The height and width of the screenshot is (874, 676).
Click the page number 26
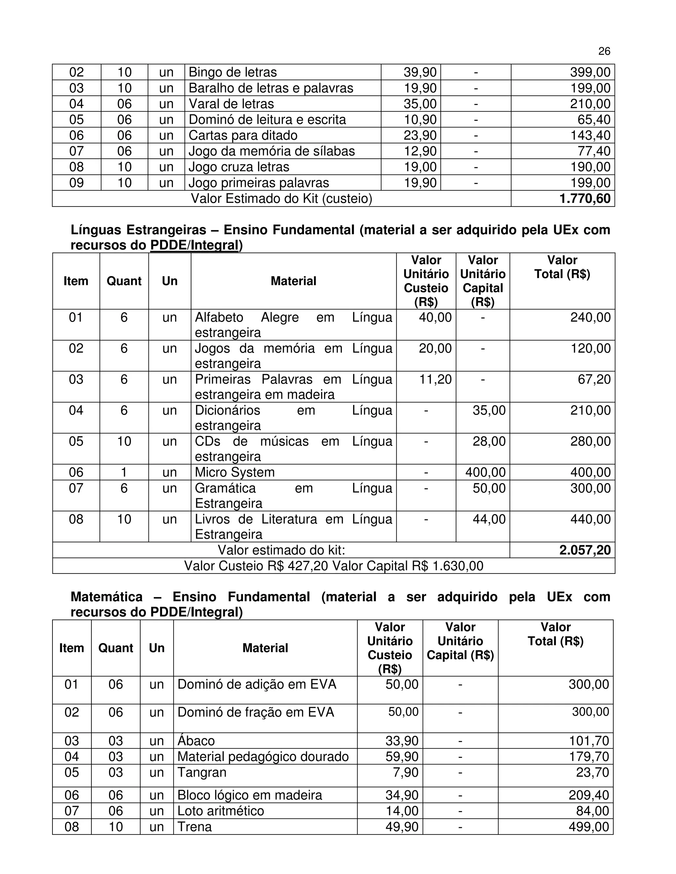[x=604, y=51]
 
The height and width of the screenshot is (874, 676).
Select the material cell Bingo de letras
[x=233, y=72]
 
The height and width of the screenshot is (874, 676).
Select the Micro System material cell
[x=235, y=472]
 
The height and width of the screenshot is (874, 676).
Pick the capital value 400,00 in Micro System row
[x=485, y=472]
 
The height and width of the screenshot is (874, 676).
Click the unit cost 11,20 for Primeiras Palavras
[x=435, y=379]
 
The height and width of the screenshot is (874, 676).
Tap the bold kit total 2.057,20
[x=585, y=550]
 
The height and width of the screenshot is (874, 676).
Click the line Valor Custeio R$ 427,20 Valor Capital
[x=334, y=566]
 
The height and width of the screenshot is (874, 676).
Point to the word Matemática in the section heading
[x=107, y=597]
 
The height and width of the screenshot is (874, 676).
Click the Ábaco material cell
[x=196, y=741]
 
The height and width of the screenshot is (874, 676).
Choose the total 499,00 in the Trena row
[x=589, y=827]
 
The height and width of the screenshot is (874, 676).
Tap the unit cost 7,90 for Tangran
[x=406, y=772]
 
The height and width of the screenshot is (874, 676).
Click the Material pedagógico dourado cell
[x=263, y=757]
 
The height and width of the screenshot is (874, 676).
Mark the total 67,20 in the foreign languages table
[x=594, y=379]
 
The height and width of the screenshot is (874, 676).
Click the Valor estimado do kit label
[x=281, y=550]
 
